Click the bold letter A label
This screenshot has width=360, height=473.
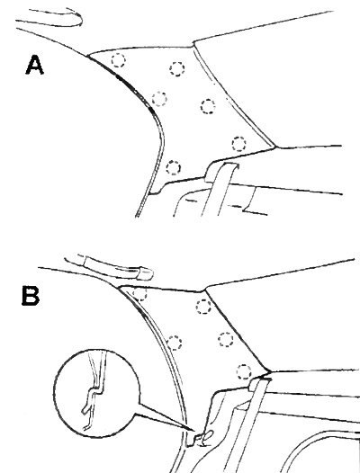[35, 65]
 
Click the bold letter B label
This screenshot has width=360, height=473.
[31, 296]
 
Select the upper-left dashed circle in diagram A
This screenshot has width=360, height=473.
[118, 60]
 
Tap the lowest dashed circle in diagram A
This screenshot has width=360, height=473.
[174, 167]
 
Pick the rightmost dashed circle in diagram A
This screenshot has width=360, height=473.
[238, 144]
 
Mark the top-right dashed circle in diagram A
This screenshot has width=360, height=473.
[177, 68]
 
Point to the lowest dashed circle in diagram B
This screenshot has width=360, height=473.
[244, 372]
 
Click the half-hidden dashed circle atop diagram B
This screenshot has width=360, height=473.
[139, 294]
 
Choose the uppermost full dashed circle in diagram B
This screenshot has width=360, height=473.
[203, 307]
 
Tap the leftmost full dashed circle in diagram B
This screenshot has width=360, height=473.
[175, 343]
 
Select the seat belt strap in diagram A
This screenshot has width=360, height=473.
[219, 190]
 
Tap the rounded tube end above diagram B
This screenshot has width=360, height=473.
[144, 273]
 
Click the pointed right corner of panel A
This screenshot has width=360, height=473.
[275, 147]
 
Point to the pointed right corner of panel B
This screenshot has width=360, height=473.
[270, 371]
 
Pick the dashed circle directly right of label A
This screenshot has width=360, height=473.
[118, 60]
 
